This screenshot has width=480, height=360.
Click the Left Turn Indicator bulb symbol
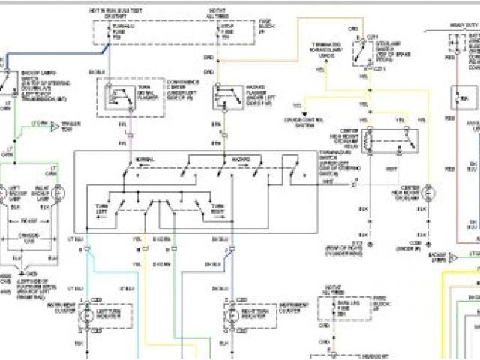click(x=88, y=318)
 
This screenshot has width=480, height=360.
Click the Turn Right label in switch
click(x=218, y=208)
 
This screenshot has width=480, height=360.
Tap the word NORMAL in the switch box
click(x=144, y=160)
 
